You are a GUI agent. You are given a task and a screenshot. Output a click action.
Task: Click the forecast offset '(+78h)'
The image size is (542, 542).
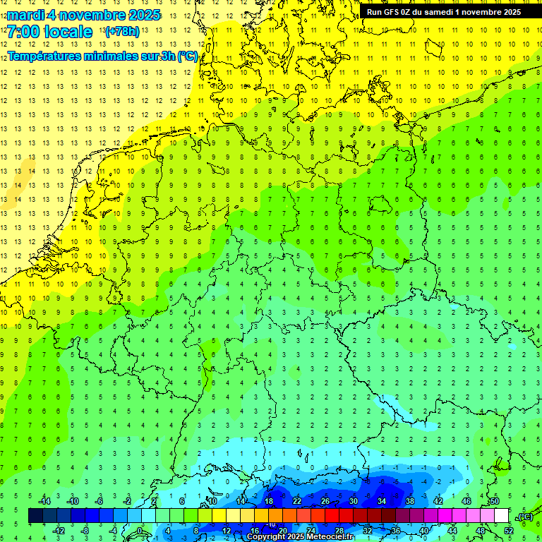click(x=121, y=32)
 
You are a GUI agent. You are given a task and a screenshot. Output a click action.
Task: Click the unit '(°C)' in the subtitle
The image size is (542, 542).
click(x=187, y=56)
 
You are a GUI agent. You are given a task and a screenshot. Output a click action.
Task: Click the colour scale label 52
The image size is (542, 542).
click(x=509, y=530)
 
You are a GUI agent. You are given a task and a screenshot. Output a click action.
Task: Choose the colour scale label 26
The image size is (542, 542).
click(x=325, y=501)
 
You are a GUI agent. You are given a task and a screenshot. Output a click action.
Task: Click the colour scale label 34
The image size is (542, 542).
click(x=382, y=501)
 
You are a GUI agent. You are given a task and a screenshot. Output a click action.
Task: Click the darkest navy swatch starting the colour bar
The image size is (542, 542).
click(x=35, y=516)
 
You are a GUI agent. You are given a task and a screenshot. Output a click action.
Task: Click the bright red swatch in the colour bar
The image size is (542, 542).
click(x=332, y=516)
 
